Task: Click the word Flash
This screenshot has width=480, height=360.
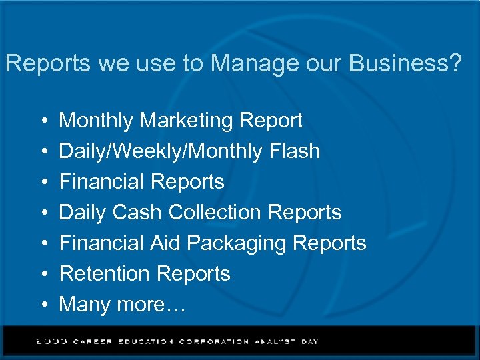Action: coord(294,151)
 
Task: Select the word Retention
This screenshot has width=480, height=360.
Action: coord(105,274)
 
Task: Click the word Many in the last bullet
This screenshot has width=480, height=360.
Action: coord(85,305)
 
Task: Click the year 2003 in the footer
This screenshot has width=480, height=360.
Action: coord(52,341)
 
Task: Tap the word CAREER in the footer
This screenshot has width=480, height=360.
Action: coord(93,341)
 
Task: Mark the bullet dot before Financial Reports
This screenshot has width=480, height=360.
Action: coord(43,182)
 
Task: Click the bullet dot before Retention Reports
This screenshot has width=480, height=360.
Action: coord(43,274)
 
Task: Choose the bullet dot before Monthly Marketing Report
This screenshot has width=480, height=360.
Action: coord(43,121)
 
